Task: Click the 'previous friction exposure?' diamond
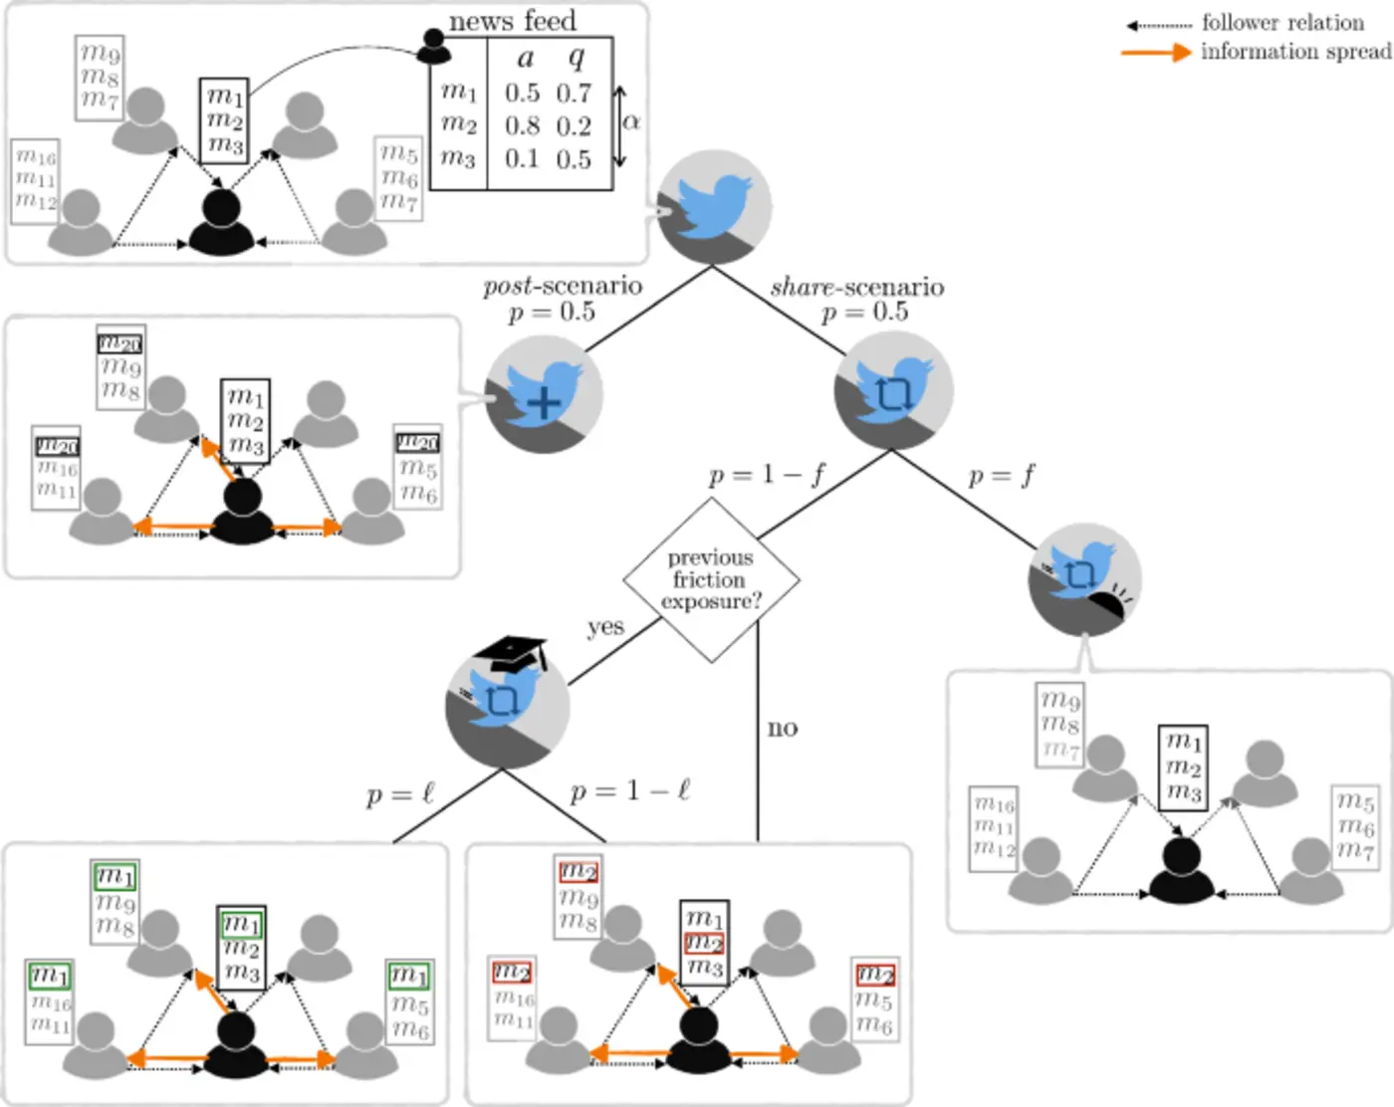(711, 580)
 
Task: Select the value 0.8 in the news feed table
(522, 126)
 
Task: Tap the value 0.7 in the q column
(574, 94)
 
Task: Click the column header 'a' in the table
(526, 58)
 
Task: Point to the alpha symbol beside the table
(631, 121)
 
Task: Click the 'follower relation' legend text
(1282, 22)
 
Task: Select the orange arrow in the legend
(1156, 52)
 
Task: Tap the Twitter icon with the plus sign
(544, 394)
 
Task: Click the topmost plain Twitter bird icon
(714, 207)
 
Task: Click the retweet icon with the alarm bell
(1085, 580)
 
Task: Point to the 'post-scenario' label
(563, 287)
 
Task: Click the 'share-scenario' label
(857, 288)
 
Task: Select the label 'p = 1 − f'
(767, 475)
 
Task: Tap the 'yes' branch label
(605, 627)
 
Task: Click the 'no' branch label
(783, 728)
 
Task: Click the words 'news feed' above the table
(512, 20)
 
